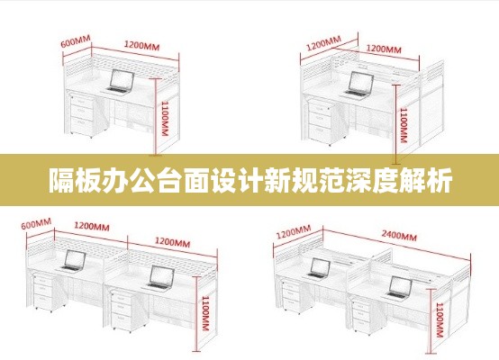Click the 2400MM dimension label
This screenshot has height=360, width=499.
[x=399, y=236]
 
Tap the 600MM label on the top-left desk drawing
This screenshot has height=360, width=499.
[x=76, y=41]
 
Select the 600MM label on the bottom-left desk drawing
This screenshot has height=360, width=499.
[x=36, y=223]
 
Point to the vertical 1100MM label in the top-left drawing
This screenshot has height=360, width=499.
[x=165, y=118]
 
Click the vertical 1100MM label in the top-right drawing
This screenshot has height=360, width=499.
[x=404, y=125]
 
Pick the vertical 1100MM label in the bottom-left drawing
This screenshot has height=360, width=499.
[x=205, y=313]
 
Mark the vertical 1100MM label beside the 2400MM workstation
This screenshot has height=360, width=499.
[x=440, y=319]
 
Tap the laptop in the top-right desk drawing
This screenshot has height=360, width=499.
[x=358, y=84]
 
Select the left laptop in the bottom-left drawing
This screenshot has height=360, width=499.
[x=73, y=261]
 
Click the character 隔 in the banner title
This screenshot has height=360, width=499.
[x=61, y=180]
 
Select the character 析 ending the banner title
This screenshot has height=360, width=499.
[x=440, y=180]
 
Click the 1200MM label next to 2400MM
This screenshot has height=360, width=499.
[x=294, y=232]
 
